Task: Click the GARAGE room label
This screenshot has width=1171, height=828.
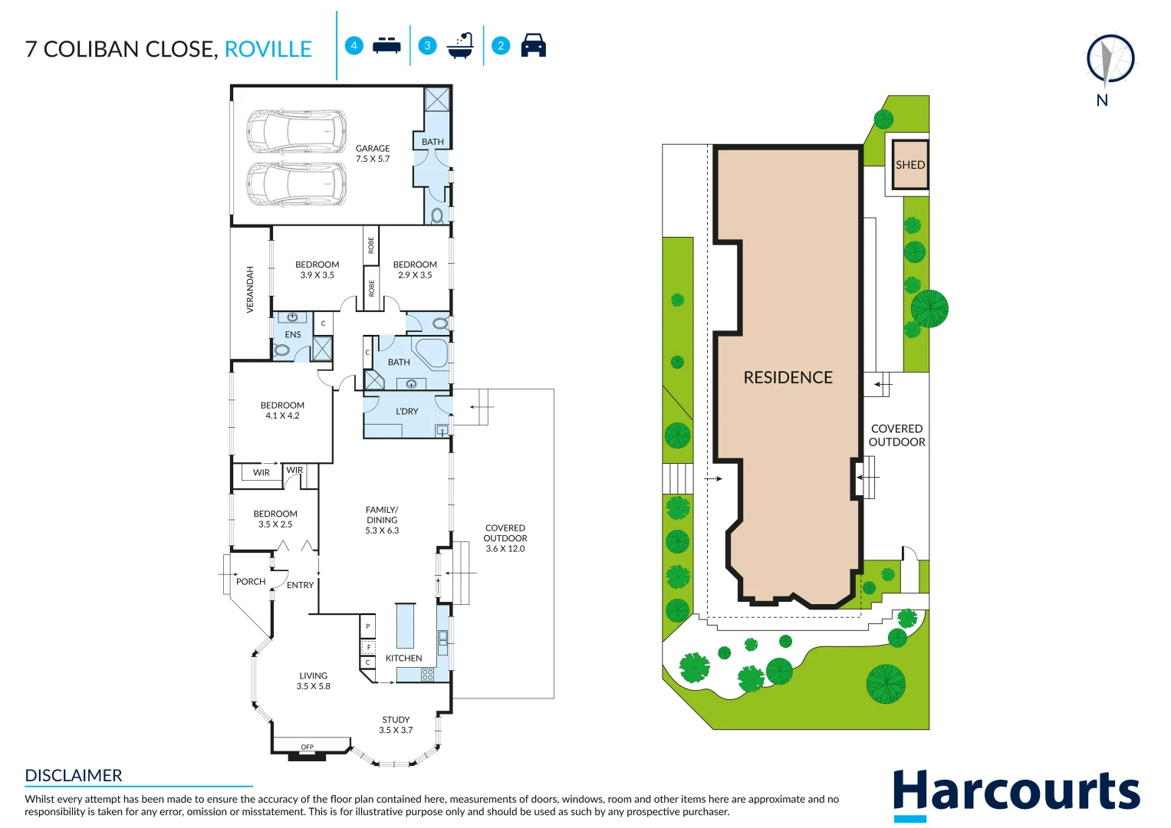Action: coord(373,149)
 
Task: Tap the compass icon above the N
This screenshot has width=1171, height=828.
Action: coord(1110,59)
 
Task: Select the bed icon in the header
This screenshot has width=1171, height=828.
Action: coord(386,46)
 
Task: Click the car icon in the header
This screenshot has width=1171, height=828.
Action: coord(533,46)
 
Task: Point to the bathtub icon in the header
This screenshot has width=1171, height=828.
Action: coord(460,46)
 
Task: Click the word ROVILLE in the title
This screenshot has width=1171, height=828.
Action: coord(268,50)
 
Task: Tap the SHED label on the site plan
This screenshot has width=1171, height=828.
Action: coord(910,165)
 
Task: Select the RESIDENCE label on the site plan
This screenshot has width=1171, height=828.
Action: coord(788,377)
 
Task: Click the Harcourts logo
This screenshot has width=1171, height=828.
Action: coord(1016,793)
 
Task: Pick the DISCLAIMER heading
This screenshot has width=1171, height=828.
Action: coord(74,775)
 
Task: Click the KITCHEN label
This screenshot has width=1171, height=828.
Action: coord(403,658)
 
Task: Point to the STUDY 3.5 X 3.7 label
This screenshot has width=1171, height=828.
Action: coord(396,724)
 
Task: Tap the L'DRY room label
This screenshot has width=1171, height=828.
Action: coord(406,412)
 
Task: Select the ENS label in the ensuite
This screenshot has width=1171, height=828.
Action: coord(293,335)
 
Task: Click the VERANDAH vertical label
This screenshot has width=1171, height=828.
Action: coord(250,290)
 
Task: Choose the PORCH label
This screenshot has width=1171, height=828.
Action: coord(251,582)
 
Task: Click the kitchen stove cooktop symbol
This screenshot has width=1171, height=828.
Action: coord(427,675)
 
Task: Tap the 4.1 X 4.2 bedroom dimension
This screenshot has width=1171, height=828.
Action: coord(282,416)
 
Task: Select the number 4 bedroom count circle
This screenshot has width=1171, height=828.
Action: coord(354,46)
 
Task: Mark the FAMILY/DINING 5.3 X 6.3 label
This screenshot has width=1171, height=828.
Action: coord(382,520)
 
